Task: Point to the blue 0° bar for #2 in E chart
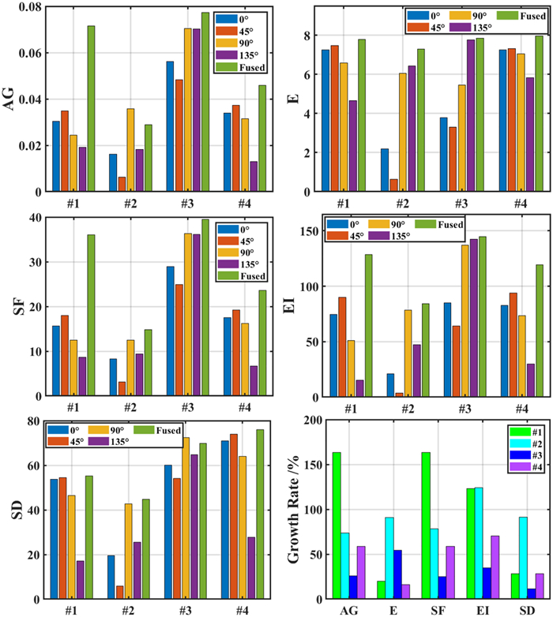(x=384, y=170)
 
